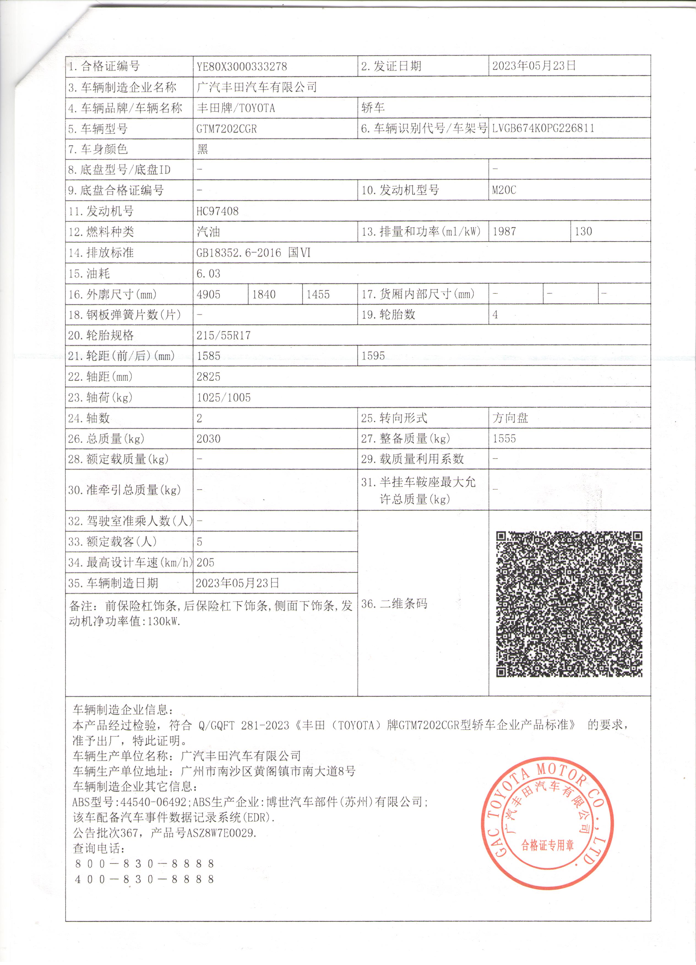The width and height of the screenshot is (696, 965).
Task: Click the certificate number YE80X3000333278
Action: click(242, 66)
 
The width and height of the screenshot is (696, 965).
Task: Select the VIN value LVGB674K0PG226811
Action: click(543, 129)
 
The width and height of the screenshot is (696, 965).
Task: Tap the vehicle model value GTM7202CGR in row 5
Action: click(227, 129)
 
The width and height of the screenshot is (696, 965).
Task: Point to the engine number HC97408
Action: click(218, 211)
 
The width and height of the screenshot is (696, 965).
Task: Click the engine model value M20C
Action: click(504, 190)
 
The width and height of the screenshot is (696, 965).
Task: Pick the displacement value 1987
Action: click(504, 231)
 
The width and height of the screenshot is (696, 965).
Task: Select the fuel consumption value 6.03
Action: click(209, 274)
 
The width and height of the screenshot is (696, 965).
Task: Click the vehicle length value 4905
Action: click(209, 294)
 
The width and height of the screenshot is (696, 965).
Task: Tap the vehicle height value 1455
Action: click(318, 294)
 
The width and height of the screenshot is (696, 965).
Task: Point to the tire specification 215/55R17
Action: click(224, 336)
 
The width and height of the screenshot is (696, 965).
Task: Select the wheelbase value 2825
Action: click(209, 376)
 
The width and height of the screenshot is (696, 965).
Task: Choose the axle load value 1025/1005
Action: click(224, 397)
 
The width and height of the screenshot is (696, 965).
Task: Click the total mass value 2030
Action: click(209, 439)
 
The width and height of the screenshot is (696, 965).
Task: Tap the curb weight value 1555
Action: click(504, 439)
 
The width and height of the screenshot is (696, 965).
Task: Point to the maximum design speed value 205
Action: click(206, 562)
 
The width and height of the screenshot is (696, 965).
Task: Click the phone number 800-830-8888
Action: click(145, 864)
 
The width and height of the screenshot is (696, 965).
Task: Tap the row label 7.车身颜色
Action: click(98, 149)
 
